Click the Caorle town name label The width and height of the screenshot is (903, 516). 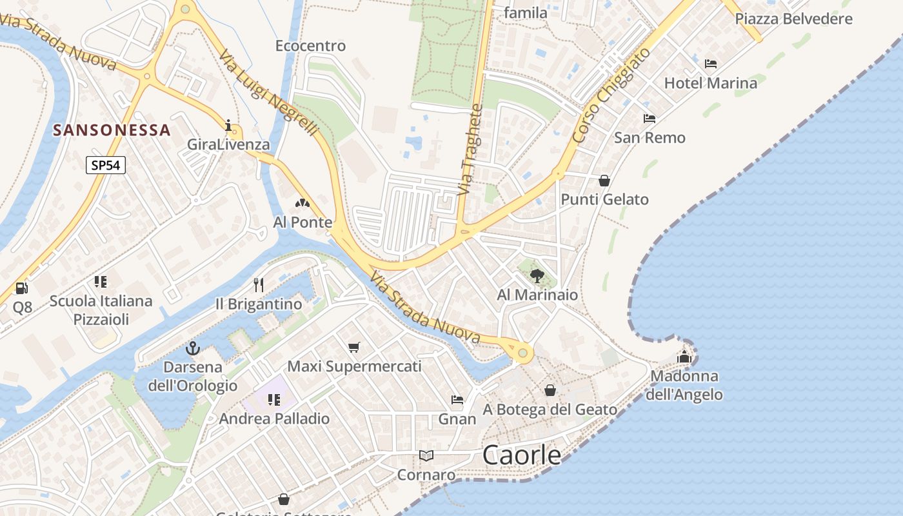522,455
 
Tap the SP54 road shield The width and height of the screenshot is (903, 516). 105,165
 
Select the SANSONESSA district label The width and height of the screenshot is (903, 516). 112,130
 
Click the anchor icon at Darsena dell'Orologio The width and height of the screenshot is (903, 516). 192,349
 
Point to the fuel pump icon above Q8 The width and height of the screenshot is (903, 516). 21,288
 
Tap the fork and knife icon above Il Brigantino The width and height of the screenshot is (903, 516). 259,284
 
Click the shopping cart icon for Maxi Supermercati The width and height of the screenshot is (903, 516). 353,348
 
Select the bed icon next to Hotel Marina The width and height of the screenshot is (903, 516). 711,64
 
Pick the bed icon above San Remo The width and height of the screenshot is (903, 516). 650,119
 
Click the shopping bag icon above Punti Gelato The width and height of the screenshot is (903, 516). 604,181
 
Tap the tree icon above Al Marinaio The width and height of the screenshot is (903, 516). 537,276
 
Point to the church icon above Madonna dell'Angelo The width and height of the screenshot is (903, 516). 684,356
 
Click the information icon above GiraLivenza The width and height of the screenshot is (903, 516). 228,125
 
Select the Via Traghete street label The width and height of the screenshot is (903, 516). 470,153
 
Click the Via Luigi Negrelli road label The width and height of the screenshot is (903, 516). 270,94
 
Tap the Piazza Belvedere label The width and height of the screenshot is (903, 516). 793,19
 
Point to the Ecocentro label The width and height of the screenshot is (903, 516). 310,46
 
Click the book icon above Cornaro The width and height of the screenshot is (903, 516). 426,455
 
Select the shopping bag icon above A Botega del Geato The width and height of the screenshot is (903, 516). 550,390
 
